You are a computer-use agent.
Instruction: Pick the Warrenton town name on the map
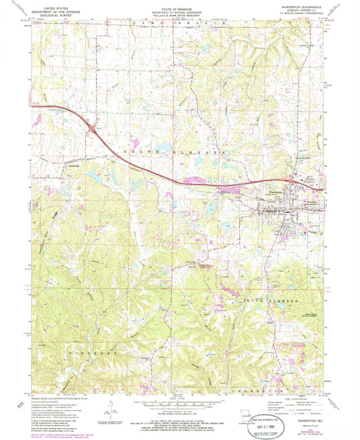274,191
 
